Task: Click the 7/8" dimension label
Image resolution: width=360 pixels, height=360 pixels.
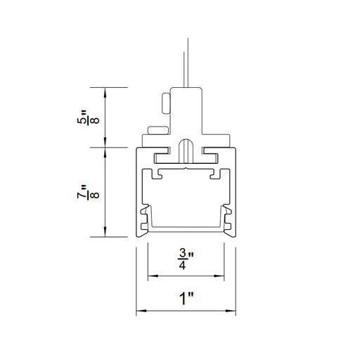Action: pyautogui.click(x=89, y=192)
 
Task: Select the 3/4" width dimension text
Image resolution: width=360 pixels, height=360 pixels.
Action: pyautogui.click(x=186, y=259)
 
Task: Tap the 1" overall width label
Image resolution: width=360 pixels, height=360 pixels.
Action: pyautogui.click(x=186, y=298)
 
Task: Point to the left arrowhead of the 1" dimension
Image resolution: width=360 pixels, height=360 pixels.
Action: pyautogui.click(x=141, y=311)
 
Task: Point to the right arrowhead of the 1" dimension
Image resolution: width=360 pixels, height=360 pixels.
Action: pyautogui.click(x=231, y=311)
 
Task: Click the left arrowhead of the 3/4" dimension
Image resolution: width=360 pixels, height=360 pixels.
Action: pyautogui.click(x=153, y=276)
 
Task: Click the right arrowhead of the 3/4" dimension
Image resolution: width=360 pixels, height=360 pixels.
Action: pyautogui.click(x=219, y=276)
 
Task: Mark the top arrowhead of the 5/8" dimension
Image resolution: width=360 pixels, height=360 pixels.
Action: pyautogui.click(x=105, y=92)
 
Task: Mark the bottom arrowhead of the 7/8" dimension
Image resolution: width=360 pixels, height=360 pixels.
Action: pyautogui.click(x=105, y=232)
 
